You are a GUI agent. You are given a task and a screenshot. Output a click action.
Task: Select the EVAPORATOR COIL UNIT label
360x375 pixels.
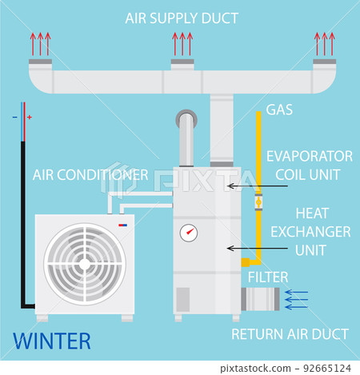point(309,163)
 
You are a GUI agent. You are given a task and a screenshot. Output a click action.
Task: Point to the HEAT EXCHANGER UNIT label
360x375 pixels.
point(311,231)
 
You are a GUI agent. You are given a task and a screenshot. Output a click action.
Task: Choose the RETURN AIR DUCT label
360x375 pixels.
point(290,333)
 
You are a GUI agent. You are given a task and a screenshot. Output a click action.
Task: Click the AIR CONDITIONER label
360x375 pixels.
point(90,174)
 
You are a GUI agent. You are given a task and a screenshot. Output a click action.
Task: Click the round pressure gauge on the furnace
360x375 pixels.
point(190,233)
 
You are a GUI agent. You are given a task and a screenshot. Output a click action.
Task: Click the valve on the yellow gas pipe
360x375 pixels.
point(258,203)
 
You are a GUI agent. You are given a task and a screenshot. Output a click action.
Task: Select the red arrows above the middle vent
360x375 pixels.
point(182,42)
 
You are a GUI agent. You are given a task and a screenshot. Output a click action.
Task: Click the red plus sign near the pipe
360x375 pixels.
point(30,118)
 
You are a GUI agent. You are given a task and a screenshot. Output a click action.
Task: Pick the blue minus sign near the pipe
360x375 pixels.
point(14,118)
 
